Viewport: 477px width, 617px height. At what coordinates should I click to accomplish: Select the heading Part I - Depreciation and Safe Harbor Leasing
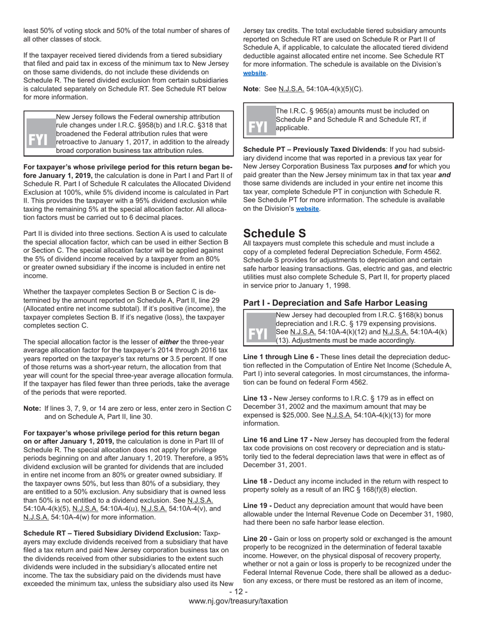click(x=335, y=303)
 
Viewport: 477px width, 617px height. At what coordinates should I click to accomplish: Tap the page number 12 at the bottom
click(x=238, y=592)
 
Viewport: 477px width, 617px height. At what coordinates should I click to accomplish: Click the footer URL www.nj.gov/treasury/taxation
click(x=238, y=601)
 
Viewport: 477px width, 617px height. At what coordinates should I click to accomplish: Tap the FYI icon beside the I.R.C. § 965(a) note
click(x=258, y=126)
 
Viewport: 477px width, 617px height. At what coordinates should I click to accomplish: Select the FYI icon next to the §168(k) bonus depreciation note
click(x=258, y=334)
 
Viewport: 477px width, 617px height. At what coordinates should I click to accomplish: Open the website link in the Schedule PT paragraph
click(x=307, y=209)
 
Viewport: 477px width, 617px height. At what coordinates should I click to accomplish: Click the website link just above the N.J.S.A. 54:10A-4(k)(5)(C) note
click(x=255, y=73)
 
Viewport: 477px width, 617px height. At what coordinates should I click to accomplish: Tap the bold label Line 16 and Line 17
click(x=278, y=439)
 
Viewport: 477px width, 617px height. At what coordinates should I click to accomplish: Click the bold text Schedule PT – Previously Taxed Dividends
click(x=314, y=149)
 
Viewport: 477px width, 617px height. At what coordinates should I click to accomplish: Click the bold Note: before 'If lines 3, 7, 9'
click(x=32, y=408)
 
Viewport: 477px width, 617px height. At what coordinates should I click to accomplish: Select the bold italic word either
click(x=169, y=342)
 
